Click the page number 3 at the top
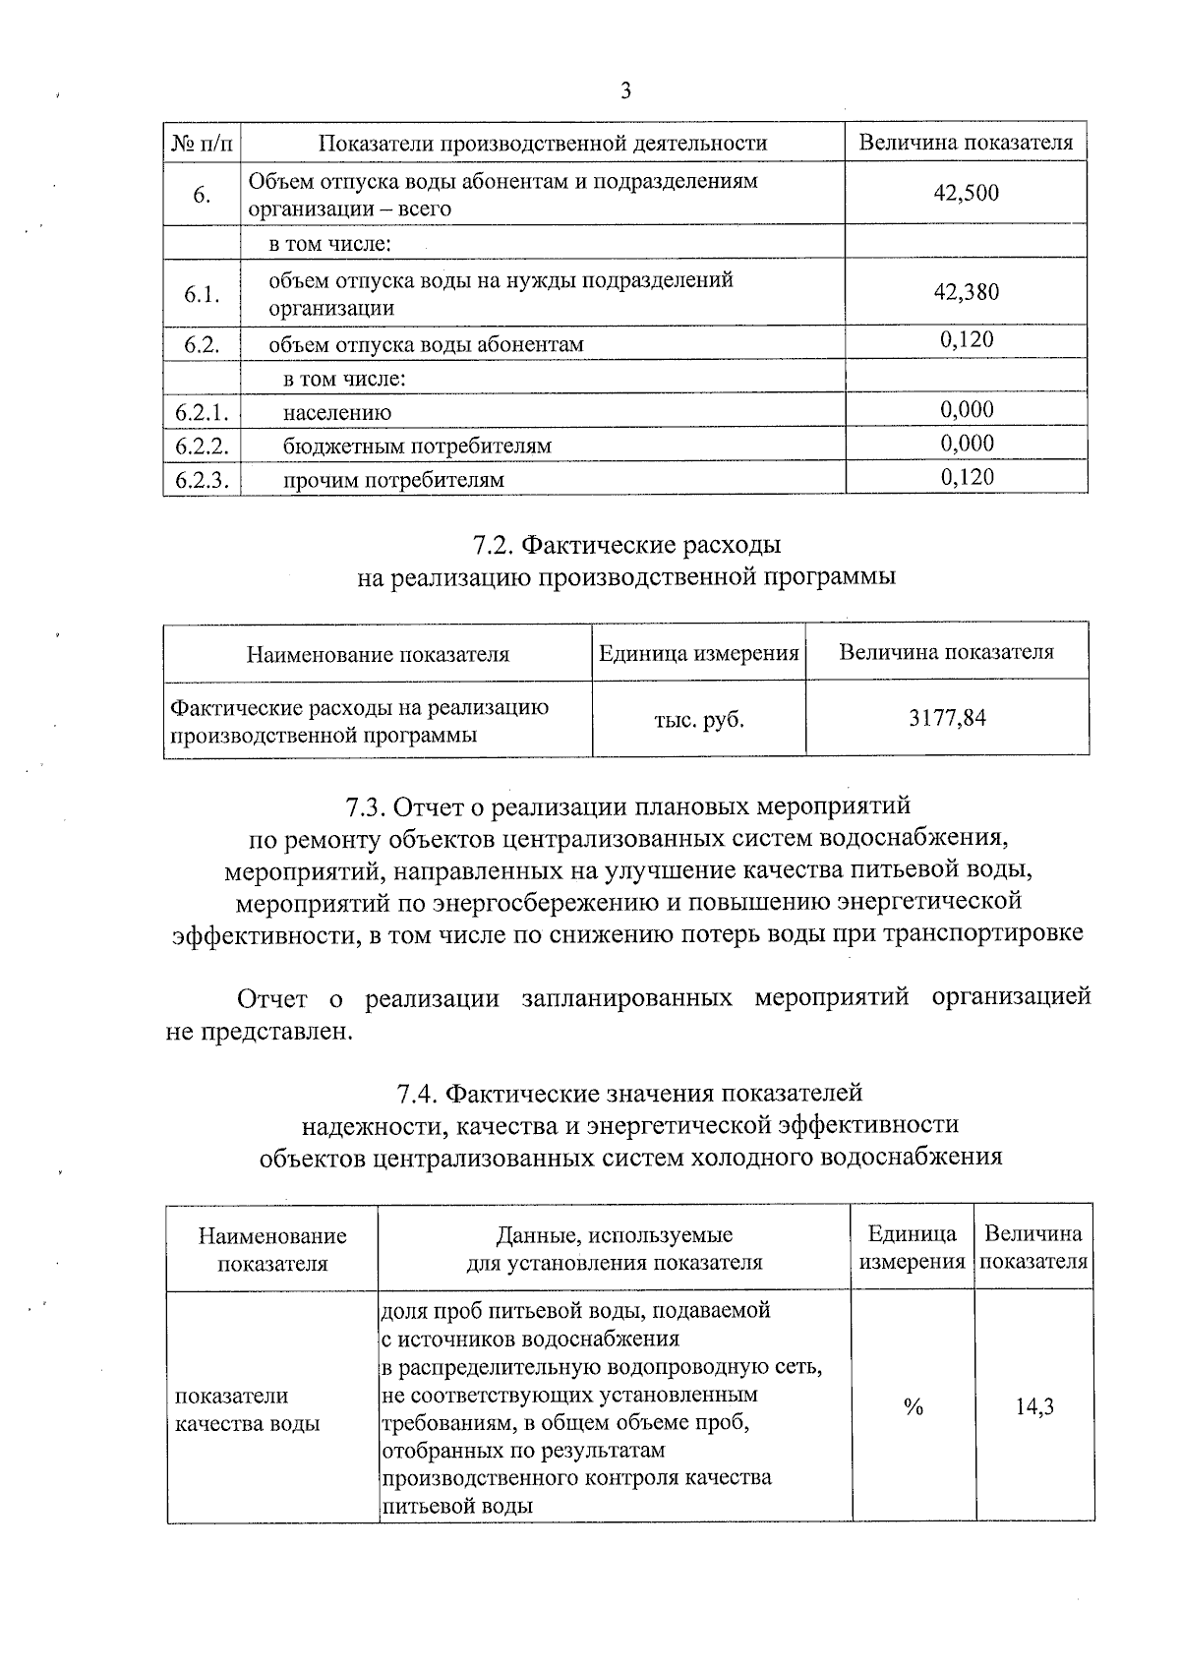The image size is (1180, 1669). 625,92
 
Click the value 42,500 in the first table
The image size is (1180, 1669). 966,193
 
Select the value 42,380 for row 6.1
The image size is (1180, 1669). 966,292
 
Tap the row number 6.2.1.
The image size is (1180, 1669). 202,412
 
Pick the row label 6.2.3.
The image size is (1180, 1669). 202,480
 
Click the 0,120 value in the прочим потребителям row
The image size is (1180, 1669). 967,478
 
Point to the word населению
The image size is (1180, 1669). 337,413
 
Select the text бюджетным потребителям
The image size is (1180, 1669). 417,447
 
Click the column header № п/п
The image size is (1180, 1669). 203,144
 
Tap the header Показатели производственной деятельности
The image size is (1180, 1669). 543,144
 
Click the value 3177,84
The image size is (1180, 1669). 947,718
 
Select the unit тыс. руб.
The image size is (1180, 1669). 698,720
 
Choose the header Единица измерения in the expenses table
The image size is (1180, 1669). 698,653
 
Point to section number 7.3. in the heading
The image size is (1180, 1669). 365,807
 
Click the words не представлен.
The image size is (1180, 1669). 258,1033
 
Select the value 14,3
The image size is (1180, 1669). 1034,1407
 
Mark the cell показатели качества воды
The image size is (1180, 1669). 247,1409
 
